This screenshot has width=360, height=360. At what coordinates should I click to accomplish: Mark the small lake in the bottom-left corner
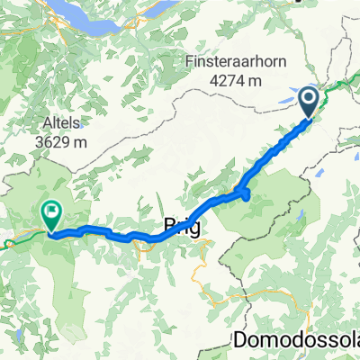pyautogui.click(x=15, y=340)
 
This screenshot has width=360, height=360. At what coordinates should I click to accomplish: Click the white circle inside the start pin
pyautogui.click(x=308, y=97)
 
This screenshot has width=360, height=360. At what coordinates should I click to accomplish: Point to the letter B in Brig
pyautogui.click(x=170, y=226)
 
